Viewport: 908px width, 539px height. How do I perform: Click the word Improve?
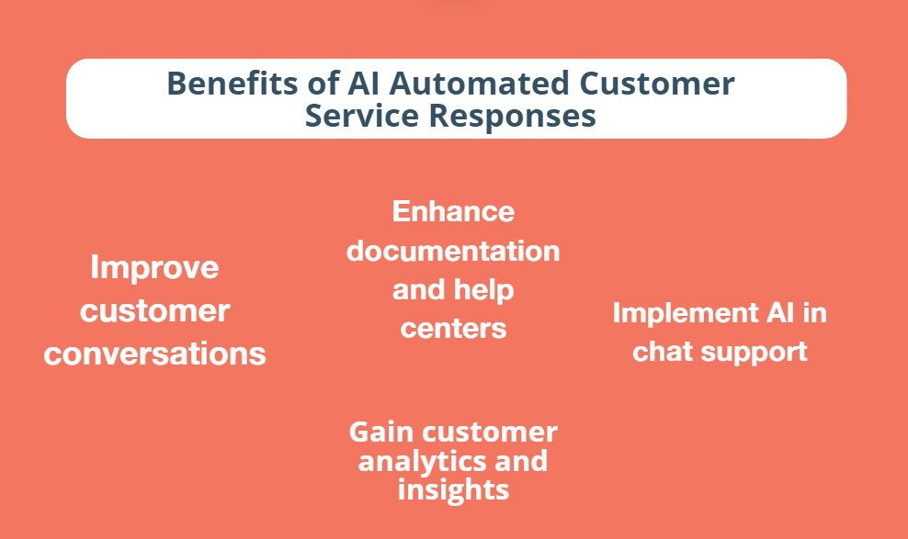(154, 268)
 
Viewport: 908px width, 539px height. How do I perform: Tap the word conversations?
(154, 354)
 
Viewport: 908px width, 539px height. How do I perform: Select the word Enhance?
(453, 211)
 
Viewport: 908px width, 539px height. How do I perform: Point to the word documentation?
(453, 251)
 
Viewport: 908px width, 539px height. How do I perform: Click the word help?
(483, 290)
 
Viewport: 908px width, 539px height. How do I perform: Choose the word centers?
(453, 329)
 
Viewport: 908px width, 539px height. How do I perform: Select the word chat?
(664, 351)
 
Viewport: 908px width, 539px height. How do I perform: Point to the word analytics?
(421, 460)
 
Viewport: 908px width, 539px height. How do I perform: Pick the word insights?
(453, 489)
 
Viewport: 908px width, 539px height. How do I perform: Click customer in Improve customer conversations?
(154, 311)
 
